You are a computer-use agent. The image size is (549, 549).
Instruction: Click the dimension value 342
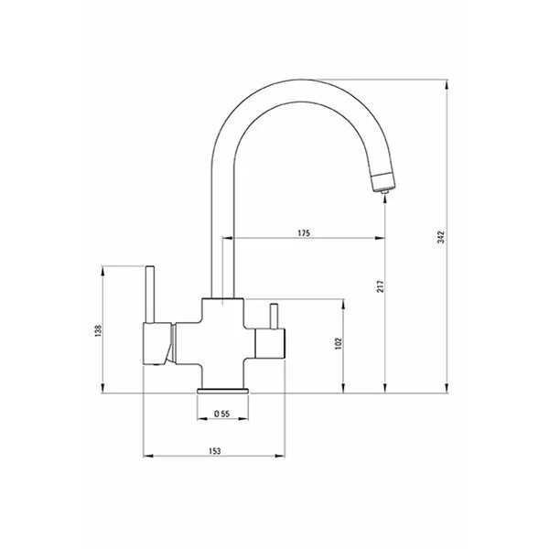tap(441, 237)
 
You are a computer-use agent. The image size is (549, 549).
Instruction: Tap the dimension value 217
tap(381, 286)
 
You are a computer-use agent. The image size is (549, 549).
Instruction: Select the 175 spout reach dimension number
tap(304, 232)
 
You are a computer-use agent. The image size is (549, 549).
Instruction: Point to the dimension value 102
tap(338, 344)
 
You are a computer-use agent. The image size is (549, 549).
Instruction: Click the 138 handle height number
tap(98, 331)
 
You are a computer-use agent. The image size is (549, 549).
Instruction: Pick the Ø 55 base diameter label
tap(221, 414)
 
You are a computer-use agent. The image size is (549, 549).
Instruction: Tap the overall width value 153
tap(215, 451)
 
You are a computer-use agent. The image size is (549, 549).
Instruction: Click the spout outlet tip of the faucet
tap(385, 191)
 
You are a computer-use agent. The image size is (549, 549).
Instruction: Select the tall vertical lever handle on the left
tap(150, 294)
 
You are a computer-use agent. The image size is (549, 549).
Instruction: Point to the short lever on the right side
tap(274, 317)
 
